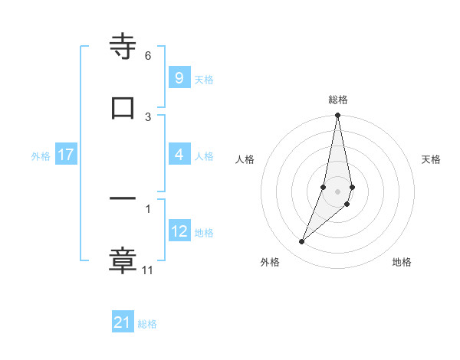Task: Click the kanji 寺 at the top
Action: click(x=123, y=47)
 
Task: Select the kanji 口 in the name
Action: click(x=123, y=106)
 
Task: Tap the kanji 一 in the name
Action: click(x=123, y=198)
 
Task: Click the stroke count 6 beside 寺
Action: click(x=148, y=56)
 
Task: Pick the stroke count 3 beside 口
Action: click(x=148, y=116)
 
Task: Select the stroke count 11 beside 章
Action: click(x=148, y=270)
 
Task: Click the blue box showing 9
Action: click(x=179, y=78)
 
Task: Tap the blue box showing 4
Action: click(x=179, y=155)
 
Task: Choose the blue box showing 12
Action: click(x=179, y=231)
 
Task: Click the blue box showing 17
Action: click(x=65, y=155)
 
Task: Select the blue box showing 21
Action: click(x=123, y=323)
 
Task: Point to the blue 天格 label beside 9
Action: click(x=204, y=79)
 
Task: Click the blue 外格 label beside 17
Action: click(x=41, y=155)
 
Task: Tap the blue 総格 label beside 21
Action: click(x=147, y=324)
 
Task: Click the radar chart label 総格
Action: click(x=338, y=100)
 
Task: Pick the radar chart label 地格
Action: click(x=402, y=262)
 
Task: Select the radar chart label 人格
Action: click(x=245, y=159)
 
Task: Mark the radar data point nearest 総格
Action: click(x=337, y=116)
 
